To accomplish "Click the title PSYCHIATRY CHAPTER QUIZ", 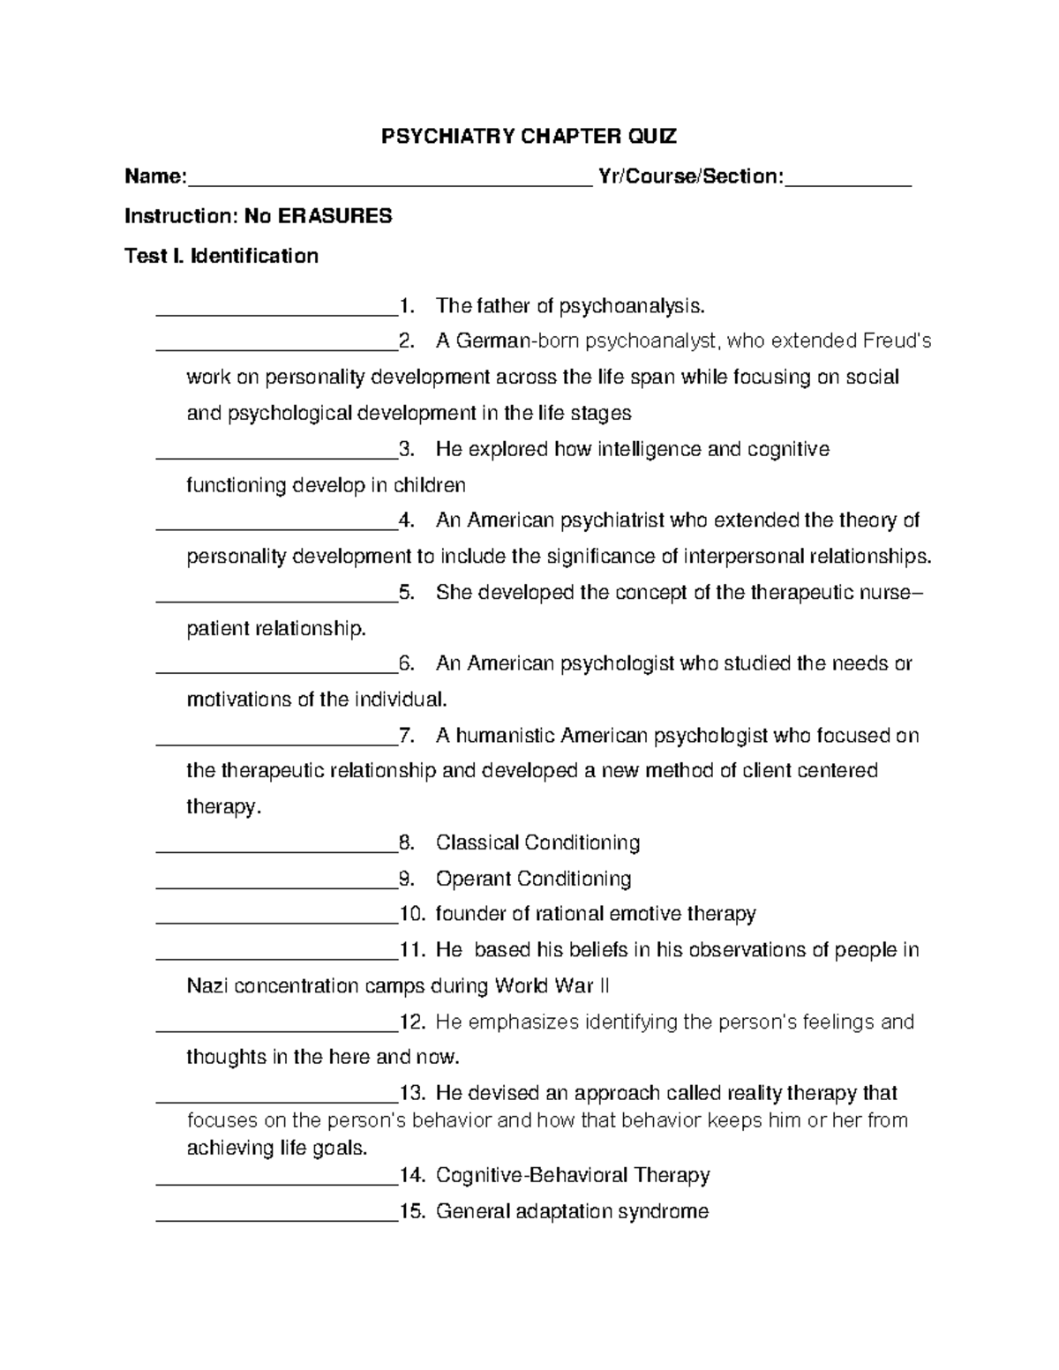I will tap(529, 136).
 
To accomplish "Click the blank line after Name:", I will tap(389, 184).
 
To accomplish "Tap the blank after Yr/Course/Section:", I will tap(847, 184).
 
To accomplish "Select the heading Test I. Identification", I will tap(222, 256).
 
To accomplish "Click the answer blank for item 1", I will tap(276, 312).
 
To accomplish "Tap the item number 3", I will tap(406, 449).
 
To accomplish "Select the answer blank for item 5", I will tap(276, 599).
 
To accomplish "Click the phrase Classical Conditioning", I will tap(537, 842).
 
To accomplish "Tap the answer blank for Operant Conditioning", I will tap(276, 885).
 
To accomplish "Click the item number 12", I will tap(413, 1022).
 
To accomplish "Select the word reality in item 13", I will tap(753, 1093).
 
